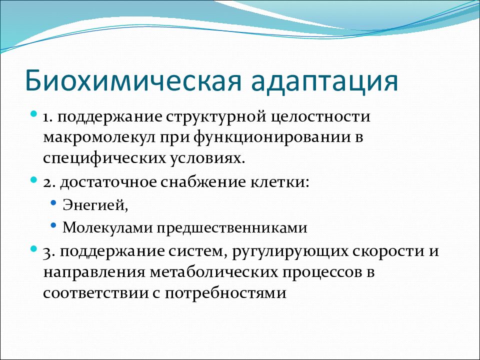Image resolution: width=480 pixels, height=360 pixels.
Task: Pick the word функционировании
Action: pos(272,137)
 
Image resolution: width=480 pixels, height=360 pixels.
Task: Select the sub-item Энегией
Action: pos(95,205)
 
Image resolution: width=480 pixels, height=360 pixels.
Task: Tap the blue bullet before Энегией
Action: pos(53,203)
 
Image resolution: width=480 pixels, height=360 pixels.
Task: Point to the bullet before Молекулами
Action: pos(53,225)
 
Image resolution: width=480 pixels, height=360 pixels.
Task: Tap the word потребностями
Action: pos(225,293)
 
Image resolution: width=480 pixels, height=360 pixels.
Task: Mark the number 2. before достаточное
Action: pos(49,183)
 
